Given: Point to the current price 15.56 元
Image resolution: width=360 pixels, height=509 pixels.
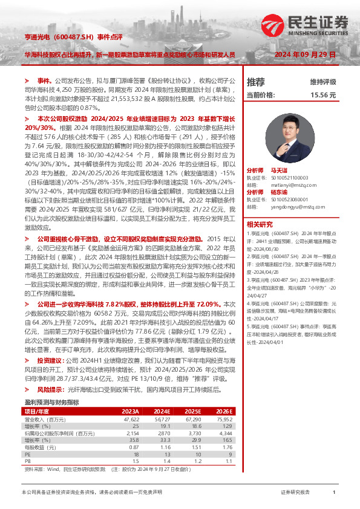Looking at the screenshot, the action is (x=323, y=95).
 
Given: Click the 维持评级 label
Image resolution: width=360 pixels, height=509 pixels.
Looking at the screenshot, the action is (x=322, y=82).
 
